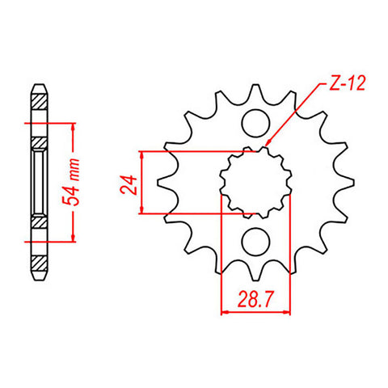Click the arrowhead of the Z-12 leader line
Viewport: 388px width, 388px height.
pyautogui.click(x=268, y=146)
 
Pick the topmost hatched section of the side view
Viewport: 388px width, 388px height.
pyautogui.click(x=39, y=103)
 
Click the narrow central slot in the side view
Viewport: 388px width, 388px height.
pyautogui.click(x=39, y=182)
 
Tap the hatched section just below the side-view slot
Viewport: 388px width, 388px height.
pyautogui.click(x=39, y=221)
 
